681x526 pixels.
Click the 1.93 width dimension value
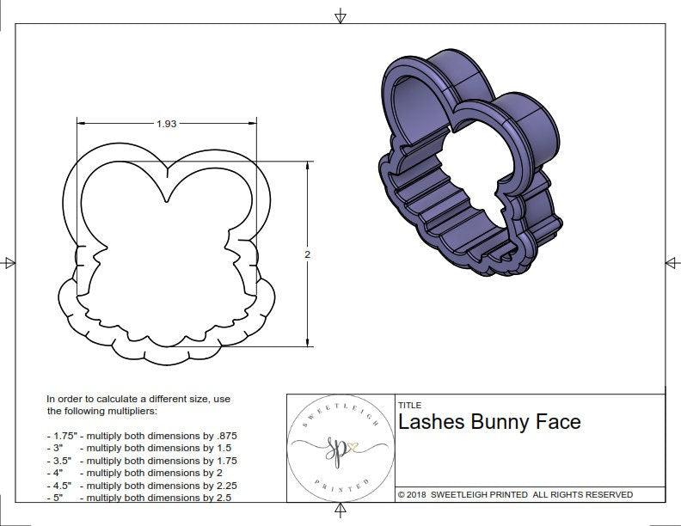166,124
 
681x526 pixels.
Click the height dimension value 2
307,254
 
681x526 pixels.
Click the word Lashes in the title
430,422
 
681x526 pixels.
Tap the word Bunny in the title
503,422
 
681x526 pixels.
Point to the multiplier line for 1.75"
142,436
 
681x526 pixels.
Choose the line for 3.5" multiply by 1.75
142,461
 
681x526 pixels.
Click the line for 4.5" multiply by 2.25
142,486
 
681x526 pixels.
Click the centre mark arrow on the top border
340,15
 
